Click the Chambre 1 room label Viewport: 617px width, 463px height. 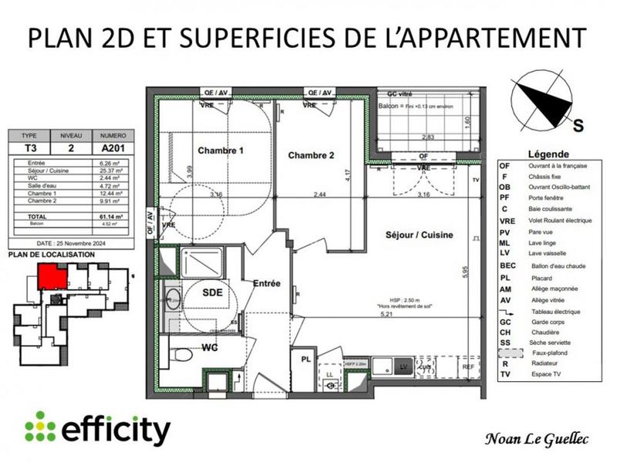221,150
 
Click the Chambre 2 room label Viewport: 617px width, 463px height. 311,155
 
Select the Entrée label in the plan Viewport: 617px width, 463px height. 266,284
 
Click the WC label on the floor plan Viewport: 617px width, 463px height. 209,347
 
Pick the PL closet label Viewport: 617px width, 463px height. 305,359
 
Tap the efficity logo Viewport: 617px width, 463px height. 96,429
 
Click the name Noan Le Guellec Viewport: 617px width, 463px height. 537,440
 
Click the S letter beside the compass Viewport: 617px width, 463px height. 578,123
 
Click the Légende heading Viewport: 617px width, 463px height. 549,154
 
